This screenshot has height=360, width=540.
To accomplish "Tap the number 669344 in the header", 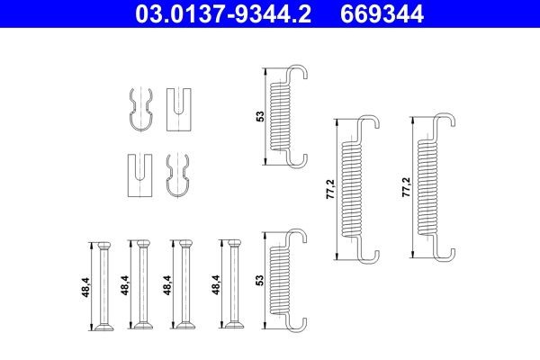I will (385, 15).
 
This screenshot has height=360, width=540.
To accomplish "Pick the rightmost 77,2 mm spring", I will (430, 191).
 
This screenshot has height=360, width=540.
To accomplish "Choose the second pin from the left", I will (141, 285).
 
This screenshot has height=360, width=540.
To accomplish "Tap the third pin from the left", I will (184, 285).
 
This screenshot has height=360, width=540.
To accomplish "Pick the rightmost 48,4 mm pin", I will (231, 285).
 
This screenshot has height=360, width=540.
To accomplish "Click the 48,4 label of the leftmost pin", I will (84, 286).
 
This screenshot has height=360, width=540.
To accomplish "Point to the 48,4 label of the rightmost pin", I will (214, 286).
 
